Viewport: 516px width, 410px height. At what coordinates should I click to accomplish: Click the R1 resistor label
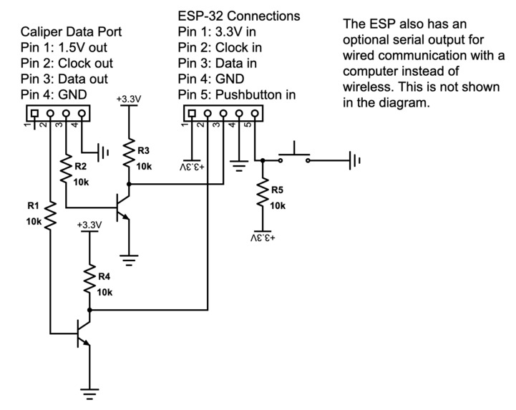pyautogui.click(x=33, y=206)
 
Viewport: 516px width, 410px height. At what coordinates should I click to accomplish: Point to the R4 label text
pyautogui.click(x=104, y=277)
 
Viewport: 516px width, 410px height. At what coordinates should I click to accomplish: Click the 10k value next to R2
pyautogui.click(x=81, y=182)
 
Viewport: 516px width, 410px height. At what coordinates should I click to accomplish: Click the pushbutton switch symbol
pyautogui.click(x=294, y=155)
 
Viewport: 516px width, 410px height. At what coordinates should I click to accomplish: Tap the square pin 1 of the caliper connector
pyautogui.click(x=34, y=113)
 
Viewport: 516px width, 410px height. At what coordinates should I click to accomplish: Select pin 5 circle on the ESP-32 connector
pyautogui.click(x=255, y=113)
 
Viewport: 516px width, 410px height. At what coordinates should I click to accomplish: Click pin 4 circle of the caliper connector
pyautogui.click(x=82, y=113)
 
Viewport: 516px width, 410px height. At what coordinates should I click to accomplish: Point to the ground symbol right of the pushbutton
pyautogui.click(x=354, y=160)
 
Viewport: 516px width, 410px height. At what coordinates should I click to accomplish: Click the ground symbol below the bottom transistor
pyautogui.click(x=89, y=394)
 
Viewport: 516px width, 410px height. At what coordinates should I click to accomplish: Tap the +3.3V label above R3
pyautogui.click(x=129, y=99)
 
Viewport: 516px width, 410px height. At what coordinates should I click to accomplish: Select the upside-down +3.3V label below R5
pyautogui.click(x=263, y=238)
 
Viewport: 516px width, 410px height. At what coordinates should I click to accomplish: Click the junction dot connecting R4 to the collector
pyautogui.click(x=89, y=310)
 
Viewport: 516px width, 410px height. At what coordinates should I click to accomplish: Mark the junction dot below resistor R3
pyautogui.click(x=129, y=185)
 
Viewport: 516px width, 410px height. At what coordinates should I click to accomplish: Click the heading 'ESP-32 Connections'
pyautogui.click(x=239, y=16)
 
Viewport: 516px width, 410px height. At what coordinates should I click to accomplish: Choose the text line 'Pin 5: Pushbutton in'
pyautogui.click(x=237, y=94)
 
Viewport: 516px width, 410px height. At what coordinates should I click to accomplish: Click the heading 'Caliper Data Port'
pyautogui.click(x=71, y=31)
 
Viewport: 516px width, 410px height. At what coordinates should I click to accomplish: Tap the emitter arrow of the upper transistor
pyautogui.click(x=125, y=216)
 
